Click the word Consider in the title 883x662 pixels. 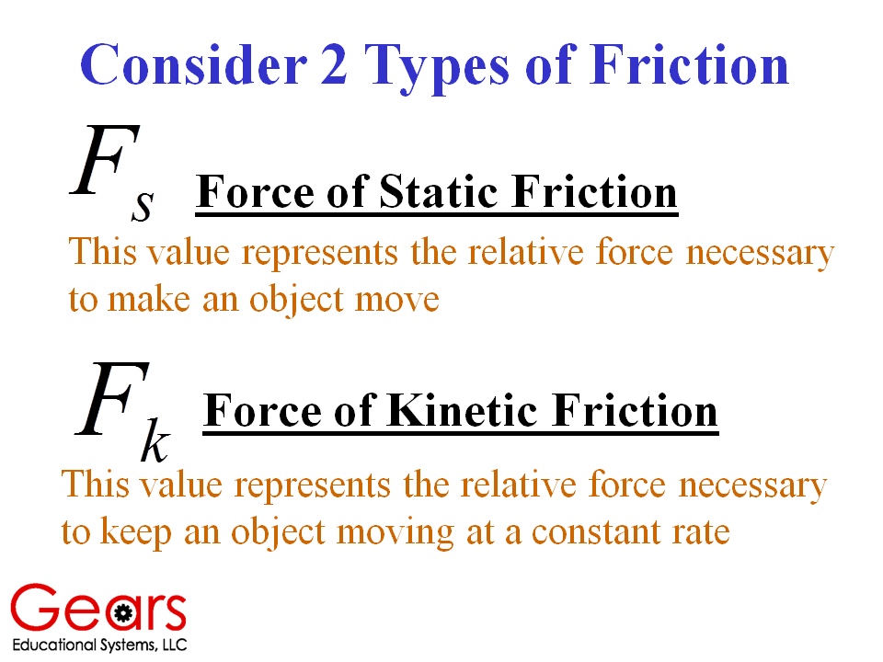[x=194, y=64]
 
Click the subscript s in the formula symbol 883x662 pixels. [x=143, y=206]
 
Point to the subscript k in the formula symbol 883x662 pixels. [x=155, y=439]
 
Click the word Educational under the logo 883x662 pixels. [x=54, y=645]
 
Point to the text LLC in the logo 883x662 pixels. [x=175, y=645]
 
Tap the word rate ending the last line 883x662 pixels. [x=701, y=532]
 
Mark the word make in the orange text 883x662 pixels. [x=149, y=298]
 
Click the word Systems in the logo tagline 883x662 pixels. [x=127, y=645]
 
